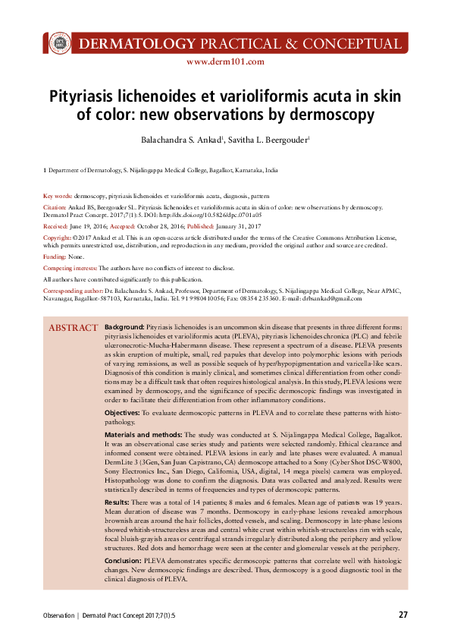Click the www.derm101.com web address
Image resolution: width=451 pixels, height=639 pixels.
224,62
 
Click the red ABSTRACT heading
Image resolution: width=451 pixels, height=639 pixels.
73,328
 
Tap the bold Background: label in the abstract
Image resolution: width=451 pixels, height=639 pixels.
124,326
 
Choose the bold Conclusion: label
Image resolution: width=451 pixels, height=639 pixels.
123,559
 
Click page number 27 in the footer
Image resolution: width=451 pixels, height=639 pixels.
403,614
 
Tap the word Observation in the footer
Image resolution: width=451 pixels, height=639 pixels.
58,615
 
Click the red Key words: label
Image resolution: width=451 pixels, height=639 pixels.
58,195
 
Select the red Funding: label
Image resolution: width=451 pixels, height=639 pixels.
55,258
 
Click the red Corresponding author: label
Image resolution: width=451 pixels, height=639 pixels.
73,291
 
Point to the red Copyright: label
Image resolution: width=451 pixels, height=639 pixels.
58,238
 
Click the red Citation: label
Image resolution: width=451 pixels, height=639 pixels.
55,206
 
